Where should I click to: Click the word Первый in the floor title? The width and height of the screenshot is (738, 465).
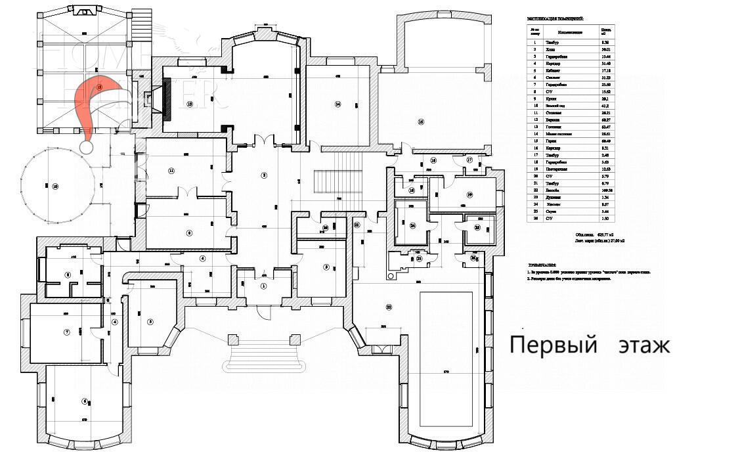pos(553,345)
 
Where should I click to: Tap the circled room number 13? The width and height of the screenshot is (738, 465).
pos(190,104)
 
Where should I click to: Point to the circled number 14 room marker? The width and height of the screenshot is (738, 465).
pos(337,104)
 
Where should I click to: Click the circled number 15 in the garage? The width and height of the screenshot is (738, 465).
pos(420,122)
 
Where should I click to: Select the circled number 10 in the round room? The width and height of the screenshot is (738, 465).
pos(55,187)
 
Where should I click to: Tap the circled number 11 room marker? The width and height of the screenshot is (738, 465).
pos(171,171)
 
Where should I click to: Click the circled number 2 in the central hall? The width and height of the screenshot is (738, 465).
pos(264,175)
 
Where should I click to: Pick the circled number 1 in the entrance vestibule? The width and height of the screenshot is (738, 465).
pos(264,286)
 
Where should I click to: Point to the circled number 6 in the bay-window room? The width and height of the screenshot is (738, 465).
pos(84,401)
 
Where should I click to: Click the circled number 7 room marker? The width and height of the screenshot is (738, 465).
pos(66,332)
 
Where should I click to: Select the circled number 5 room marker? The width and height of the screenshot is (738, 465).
pos(150,321)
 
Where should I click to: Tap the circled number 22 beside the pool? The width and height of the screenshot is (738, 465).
pos(388,307)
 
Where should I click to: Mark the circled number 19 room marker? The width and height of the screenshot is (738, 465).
pos(470,195)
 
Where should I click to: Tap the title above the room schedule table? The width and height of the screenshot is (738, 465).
pos(555,19)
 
